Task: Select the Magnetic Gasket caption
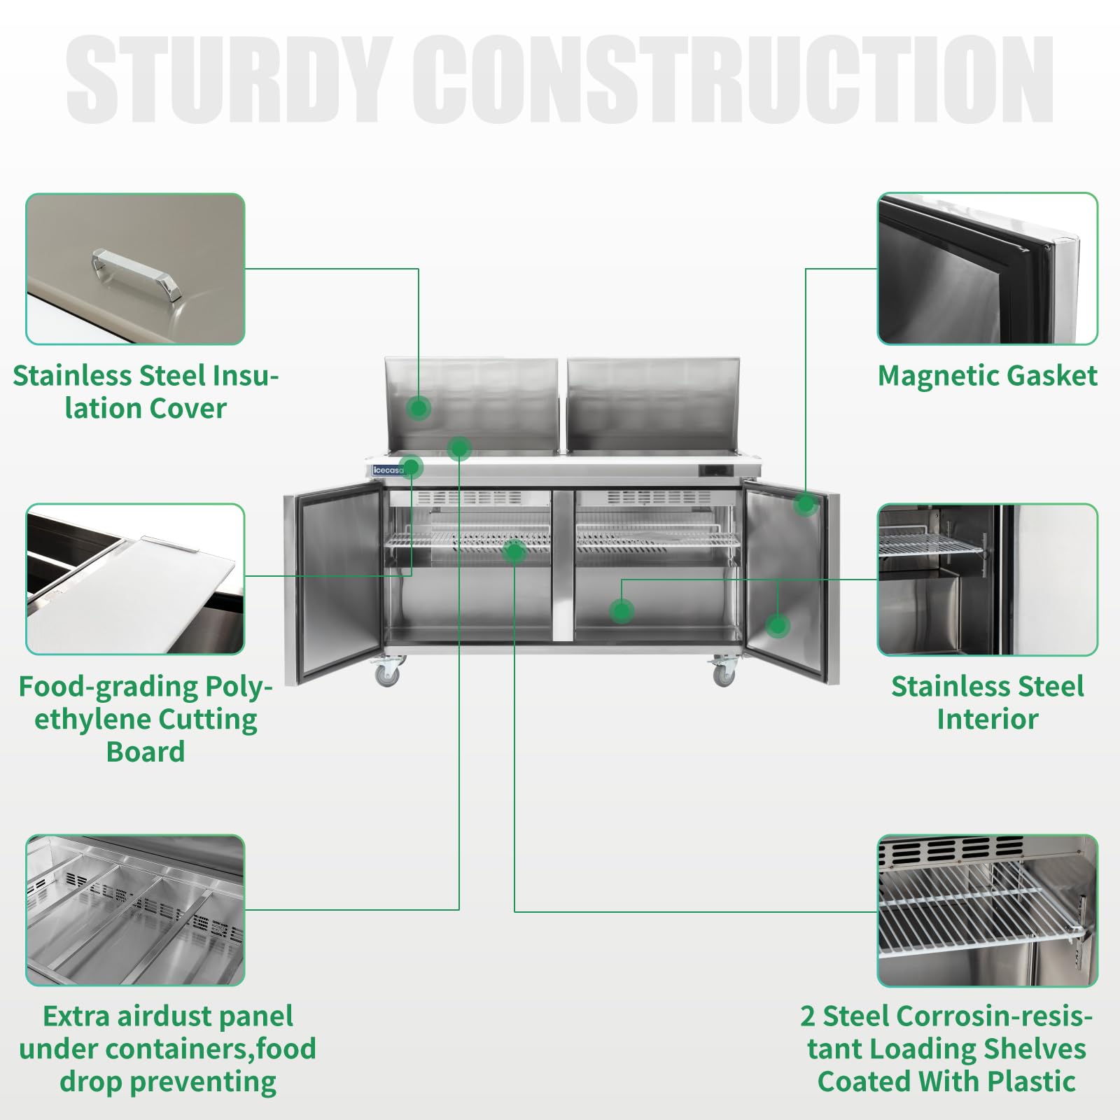(x=987, y=377)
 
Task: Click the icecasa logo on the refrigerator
(x=388, y=470)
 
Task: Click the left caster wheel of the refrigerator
(x=387, y=674)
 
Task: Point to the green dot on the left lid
(x=419, y=407)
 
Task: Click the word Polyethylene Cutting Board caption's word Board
(x=146, y=752)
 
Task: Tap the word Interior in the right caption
(x=987, y=720)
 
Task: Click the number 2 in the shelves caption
(x=808, y=1016)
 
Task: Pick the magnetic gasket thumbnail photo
(x=987, y=269)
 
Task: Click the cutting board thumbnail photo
(x=135, y=579)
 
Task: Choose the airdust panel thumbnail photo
(x=135, y=910)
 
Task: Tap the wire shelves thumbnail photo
(x=987, y=910)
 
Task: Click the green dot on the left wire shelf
(x=514, y=552)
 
